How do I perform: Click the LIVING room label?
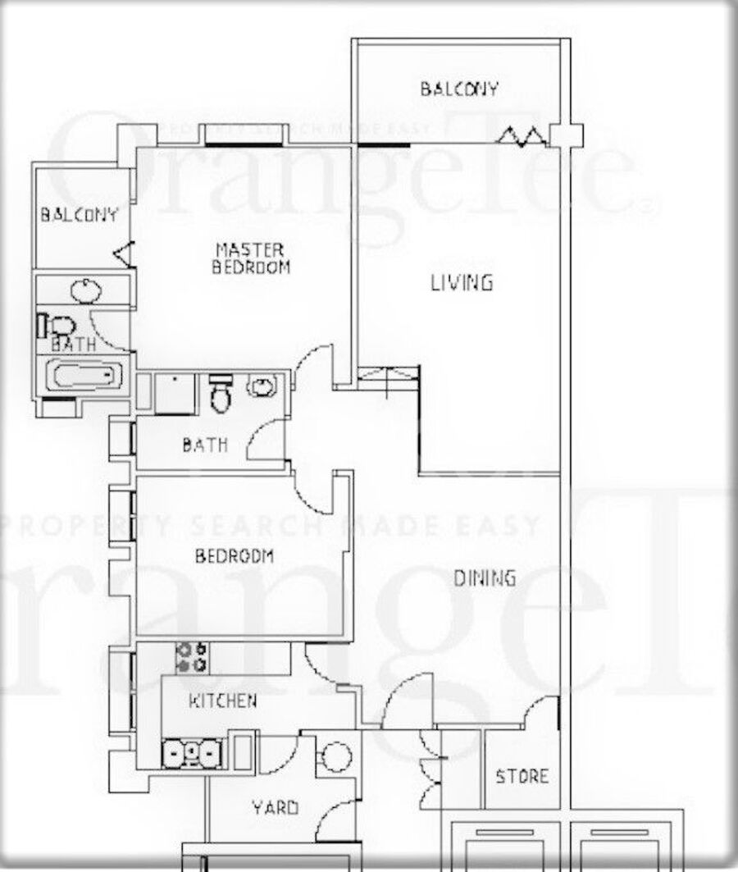click(x=462, y=282)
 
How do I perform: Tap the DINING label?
click(x=485, y=578)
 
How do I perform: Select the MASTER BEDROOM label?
click(x=251, y=258)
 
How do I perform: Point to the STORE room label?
click(x=522, y=776)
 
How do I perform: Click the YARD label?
click(x=275, y=807)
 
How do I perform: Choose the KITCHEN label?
click(x=223, y=701)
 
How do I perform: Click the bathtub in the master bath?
click(x=84, y=376)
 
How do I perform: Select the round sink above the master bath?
click(x=86, y=290)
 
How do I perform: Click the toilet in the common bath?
click(x=221, y=393)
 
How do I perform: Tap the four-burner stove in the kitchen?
click(x=192, y=658)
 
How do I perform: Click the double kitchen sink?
click(x=192, y=753)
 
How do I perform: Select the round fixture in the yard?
click(x=336, y=757)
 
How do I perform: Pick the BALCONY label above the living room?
click(x=459, y=89)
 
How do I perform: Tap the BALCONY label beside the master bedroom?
click(x=80, y=214)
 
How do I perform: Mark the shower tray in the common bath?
click(x=174, y=394)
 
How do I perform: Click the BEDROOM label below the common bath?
click(x=234, y=555)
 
